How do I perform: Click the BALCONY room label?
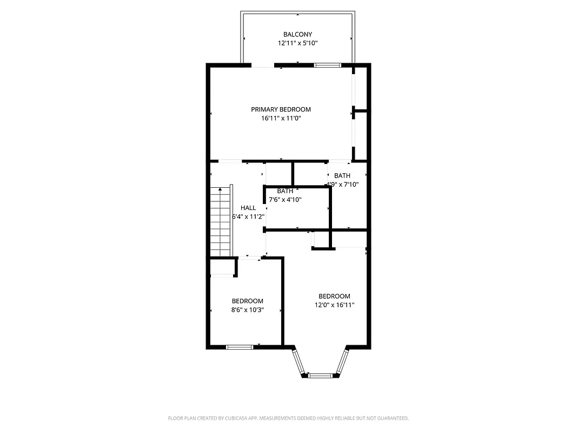pyautogui.click(x=297, y=35)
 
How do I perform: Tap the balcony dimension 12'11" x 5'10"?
pyautogui.click(x=297, y=44)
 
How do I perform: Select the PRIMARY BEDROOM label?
pyautogui.click(x=281, y=109)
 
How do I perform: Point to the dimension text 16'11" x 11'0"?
pyautogui.click(x=281, y=118)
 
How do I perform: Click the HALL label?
pyautogui.click(x=248, y=208)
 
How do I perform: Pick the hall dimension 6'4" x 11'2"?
pyautogui.click(x=248, y=216)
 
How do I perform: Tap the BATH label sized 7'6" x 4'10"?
pyautogui.click(x=285, y=191)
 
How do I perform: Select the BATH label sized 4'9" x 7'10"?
pyautogui.click(x=342, y=175)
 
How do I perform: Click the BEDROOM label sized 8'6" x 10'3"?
pyautogui.click(x=247, y=301)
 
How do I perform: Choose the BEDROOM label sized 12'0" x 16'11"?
pyautogui.click(x=334, y=296)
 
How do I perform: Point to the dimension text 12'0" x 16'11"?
pyautogui.click(x=334, y=305)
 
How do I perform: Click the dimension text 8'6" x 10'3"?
pyautogui.click(x=247, y=310)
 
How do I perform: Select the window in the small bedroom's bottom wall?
pyautogui.click(x=240, y=347)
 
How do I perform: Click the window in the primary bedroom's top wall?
pyautogui.click(x=328, y=65)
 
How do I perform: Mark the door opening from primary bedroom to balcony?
pyautogui.click(x=263, y=65)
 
